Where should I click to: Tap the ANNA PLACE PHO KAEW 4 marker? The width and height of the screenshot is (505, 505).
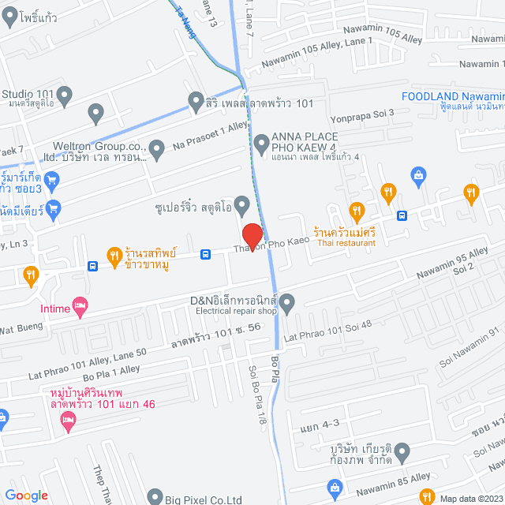[262, 143]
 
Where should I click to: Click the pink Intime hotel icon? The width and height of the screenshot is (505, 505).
[79, 304]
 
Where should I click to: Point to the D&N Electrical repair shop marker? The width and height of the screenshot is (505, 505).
[287, 301]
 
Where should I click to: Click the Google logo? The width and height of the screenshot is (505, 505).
[26, 495]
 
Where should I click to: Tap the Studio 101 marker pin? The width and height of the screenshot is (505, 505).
[65, 95]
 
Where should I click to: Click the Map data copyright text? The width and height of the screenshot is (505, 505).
[469, 498]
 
